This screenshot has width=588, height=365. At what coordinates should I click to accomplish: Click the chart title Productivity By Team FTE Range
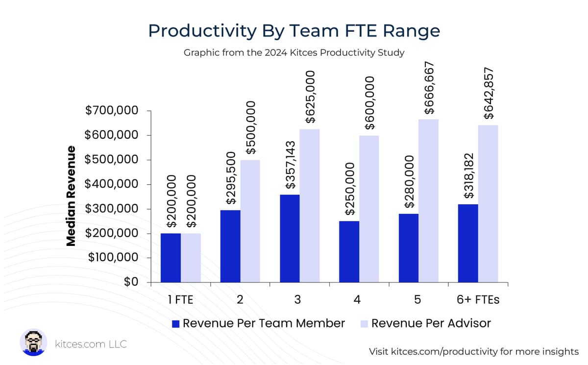294,31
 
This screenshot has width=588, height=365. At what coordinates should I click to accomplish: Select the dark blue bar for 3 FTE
290,239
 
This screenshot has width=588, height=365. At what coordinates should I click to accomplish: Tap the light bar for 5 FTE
429,201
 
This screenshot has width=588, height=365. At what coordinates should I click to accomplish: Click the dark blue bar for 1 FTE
171,258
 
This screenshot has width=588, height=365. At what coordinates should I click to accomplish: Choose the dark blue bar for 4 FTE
349,252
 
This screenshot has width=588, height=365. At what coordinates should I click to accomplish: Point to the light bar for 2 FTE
250,221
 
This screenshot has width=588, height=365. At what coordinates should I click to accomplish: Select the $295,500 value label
231,178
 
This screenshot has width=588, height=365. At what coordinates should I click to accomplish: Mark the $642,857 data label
489,93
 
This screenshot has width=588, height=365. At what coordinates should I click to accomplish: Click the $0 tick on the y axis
130,283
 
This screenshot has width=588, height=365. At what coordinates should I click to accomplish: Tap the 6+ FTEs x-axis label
478,299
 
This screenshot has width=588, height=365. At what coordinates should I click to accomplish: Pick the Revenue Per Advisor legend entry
425,323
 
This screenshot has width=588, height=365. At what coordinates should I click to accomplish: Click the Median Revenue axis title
72,196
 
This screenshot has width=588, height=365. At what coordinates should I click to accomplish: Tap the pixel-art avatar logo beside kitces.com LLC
33,342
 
